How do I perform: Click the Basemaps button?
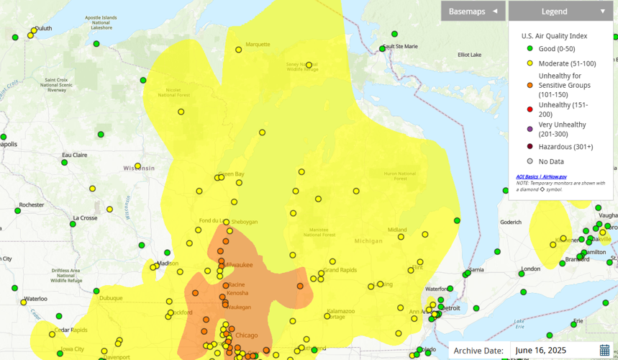click(x=473, y=11)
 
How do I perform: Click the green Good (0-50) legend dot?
click(x=530, y=49)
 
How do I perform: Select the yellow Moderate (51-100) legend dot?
click(x=530, y=63)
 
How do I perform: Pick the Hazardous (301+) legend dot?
click(x=530, y=147)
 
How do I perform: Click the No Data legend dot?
click(x=530, y=162)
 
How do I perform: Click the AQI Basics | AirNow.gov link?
click(x=541, y=176)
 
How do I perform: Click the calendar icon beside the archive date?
click(x=604, y=351)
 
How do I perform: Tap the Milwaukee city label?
click(x=238, y=265)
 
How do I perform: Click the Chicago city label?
click(x=246, y=336)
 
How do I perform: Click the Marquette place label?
click(x=258, y=44)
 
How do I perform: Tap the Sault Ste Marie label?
click(x=401, y=46)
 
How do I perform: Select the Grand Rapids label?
click(x=340, y=270)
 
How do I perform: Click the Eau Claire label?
click(x=74, y=155)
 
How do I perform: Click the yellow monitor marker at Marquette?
click(x=239, y=50)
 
